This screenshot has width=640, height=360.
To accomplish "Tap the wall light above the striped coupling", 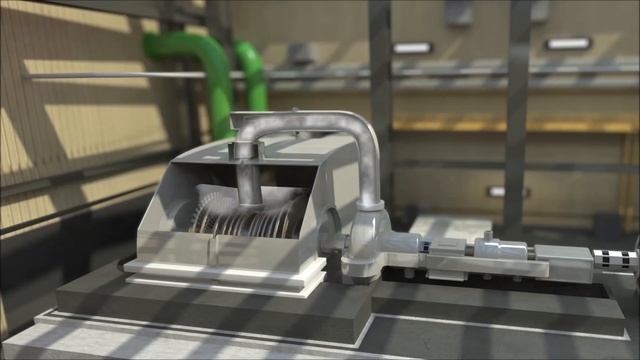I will (567, 44).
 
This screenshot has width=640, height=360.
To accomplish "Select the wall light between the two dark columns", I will (412, 48).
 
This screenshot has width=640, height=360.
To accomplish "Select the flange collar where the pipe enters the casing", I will (243, 149).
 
